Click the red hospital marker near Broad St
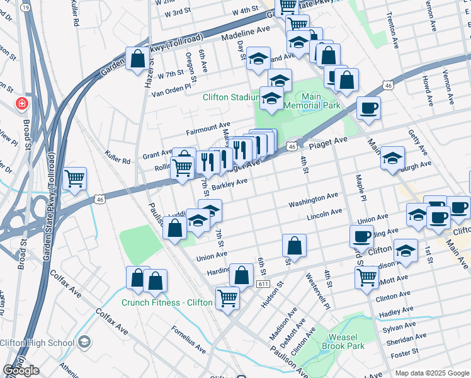click(x=22, y=102)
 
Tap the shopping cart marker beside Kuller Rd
click(x=75, y=179)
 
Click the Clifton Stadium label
click(x=231, y=97)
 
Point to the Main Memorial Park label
click(x=312, y=101)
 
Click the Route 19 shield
click(x=25, y=6)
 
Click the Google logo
click(x=21, y=370)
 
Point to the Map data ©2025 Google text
click(x=431, y=373)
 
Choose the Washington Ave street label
click(x=314, y=202)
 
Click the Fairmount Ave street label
click(x=208, y=129)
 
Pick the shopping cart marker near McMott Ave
click(x=366, y=277)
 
